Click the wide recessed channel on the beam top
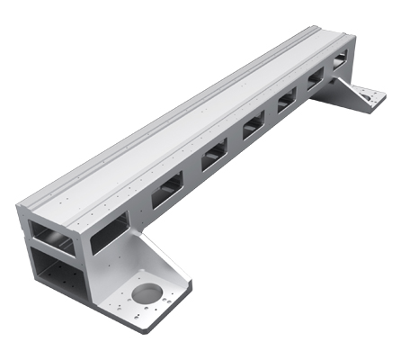point(180,126)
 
